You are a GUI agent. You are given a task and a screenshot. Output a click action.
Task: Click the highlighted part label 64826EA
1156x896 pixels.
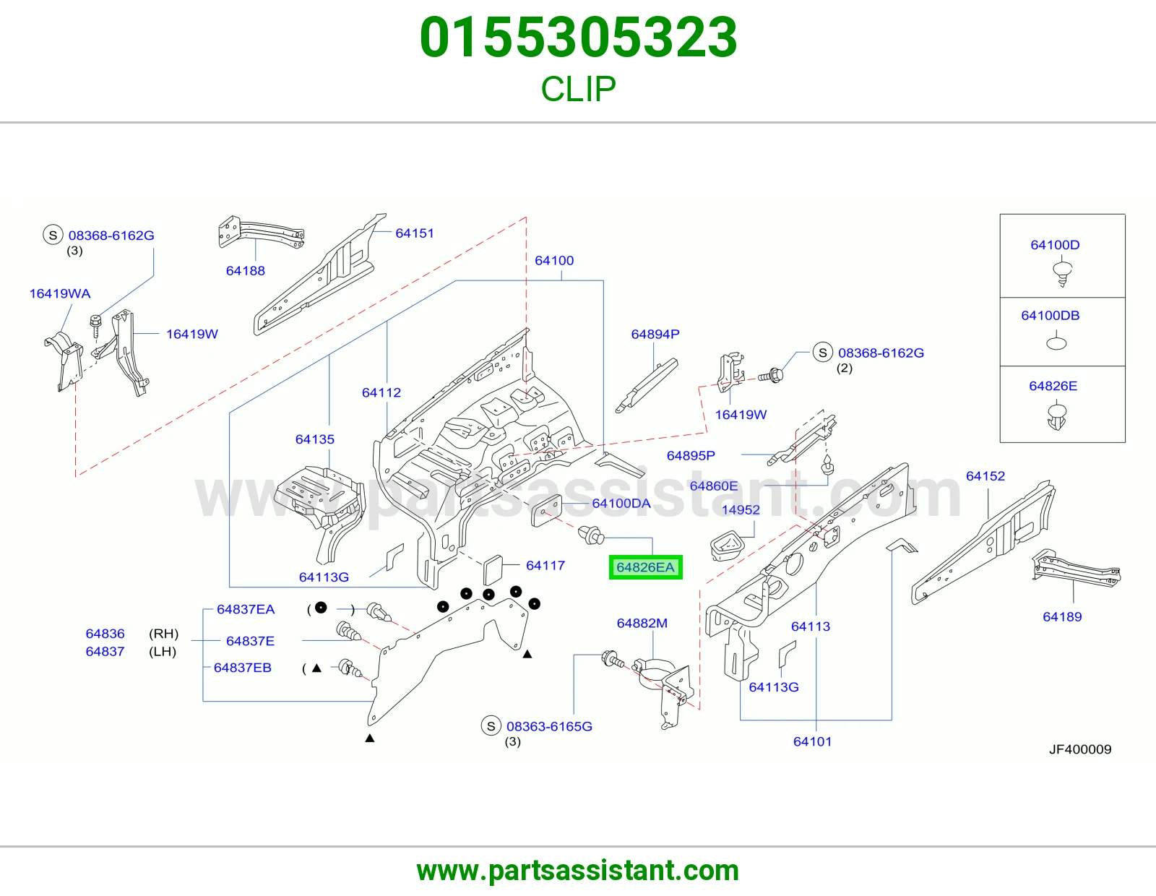pos(645,567)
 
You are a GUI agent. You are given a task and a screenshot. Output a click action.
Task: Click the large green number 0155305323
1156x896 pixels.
pos(578,38)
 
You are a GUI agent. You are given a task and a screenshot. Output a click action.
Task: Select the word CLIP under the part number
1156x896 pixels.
pos(578,89)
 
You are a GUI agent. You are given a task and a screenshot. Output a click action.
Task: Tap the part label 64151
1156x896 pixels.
pos(415,233)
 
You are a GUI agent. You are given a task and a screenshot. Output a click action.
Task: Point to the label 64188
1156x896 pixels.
pos(245,271)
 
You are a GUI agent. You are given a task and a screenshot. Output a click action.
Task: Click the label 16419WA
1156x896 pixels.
pos(60,293)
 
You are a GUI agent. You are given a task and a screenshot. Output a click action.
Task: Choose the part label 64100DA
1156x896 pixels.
pos(621,504)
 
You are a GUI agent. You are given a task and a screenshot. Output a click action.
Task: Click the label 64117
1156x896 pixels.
pos(545,566)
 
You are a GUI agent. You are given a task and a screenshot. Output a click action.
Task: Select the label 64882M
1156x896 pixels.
pos(642,623)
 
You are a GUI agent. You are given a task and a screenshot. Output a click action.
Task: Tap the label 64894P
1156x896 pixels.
pos(655,334)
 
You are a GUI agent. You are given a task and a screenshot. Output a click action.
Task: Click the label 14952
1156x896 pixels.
pos(741,509)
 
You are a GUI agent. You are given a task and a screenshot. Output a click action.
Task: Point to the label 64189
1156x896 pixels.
pos(1062,616)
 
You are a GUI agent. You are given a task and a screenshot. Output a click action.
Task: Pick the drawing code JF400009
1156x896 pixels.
pos(1080,749)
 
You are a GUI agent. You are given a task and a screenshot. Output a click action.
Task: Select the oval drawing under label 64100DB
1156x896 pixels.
pos(1056,344)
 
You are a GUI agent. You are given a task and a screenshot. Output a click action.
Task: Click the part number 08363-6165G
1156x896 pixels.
pos(549,726)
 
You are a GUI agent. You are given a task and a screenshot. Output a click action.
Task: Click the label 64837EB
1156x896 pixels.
pos(243,668)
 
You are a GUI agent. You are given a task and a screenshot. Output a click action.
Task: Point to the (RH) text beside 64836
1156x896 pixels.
pos(164,634)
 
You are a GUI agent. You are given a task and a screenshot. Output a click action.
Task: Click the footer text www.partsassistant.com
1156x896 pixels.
pos(578,871)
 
